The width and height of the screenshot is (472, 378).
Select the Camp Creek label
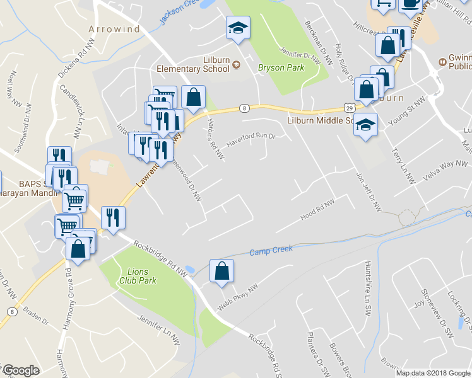pos(271,250)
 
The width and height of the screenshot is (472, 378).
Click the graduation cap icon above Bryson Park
pos(238,28)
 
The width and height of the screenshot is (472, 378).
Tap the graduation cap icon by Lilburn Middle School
pos(365,124)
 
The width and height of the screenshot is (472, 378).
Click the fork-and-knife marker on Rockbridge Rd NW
pos(113,217)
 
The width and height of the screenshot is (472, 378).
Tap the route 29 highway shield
pos(349,108)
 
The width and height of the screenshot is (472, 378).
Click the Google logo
pos(20,370)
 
